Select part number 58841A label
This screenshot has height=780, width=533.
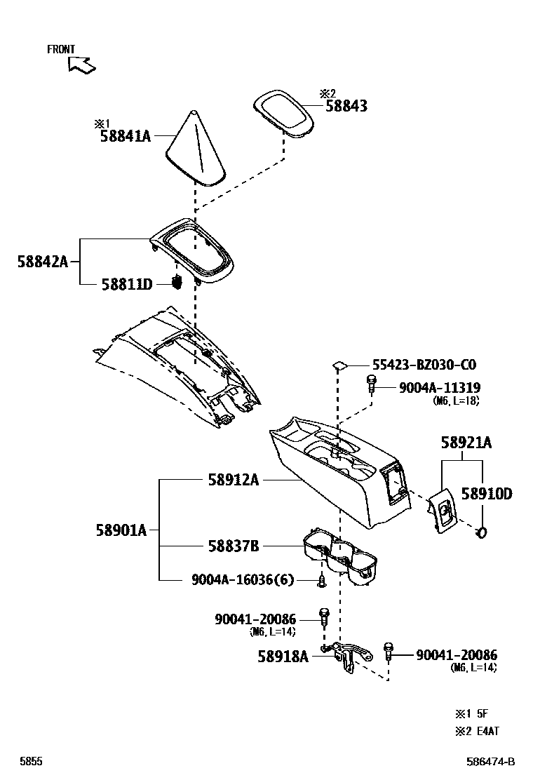coord(126,137)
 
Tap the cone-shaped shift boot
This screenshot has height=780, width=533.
coord(196,151)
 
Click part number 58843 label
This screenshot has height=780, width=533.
coord(346,107)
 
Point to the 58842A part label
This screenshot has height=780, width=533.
coord(42,262)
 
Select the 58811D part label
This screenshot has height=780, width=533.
coord(126,284)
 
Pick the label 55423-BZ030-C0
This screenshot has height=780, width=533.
coord(424,365)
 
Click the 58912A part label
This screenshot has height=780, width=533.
coord(233,480)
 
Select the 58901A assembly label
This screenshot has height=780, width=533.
coord(121,530)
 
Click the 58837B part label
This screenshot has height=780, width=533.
coord(233,546)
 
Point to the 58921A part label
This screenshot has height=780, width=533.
coord(466,443)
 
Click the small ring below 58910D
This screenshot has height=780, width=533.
coord(482,534)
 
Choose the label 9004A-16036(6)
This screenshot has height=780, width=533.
coord(243,579)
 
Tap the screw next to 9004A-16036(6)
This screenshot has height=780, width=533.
coord(321,581)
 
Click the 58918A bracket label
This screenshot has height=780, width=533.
coord(283,657)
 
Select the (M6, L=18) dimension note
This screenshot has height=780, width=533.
coord(457,401)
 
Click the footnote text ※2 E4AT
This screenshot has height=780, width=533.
coord(477,731)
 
